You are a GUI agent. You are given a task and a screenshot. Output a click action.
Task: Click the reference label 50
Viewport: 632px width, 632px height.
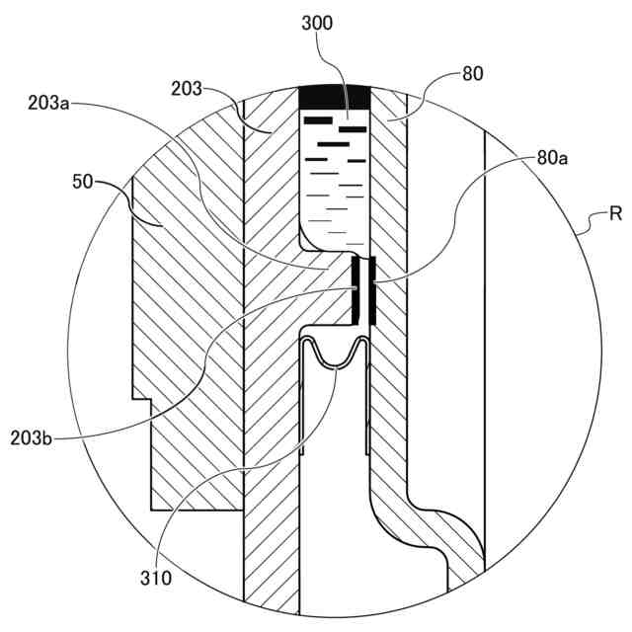(85, 181)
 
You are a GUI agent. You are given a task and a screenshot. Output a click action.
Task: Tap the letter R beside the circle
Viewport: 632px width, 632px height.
(613, 214)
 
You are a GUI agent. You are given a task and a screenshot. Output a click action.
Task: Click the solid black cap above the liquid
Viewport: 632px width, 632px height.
(334, 98)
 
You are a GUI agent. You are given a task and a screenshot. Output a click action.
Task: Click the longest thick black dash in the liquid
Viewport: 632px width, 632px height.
(333, 141)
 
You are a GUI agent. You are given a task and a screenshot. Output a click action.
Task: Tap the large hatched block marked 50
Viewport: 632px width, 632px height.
(188, 326)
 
